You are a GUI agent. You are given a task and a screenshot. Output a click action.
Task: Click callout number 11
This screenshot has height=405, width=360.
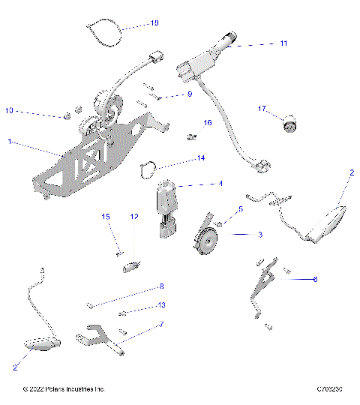pos(283,43)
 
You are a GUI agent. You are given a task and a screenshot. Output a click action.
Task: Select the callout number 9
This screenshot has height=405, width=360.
pos(190,94)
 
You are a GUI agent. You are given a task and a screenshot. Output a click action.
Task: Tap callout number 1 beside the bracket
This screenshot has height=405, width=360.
pos(9,141)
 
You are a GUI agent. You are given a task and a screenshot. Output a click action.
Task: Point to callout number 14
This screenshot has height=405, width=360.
pos(200,158)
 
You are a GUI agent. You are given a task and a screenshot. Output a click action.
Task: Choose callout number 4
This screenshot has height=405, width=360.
pos(220,183)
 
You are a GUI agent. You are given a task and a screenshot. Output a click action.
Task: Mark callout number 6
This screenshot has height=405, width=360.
pos(315,278)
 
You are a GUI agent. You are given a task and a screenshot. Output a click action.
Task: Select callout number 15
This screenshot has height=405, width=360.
pos(106,217)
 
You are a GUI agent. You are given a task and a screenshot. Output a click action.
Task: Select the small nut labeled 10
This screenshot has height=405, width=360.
pos(67,116)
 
